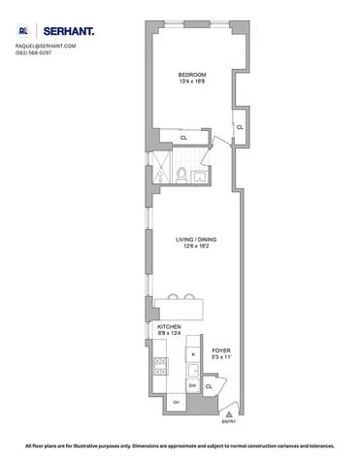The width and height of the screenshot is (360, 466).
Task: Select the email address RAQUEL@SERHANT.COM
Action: click(46, 47)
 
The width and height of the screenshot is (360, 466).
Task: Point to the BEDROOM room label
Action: click(189, 74)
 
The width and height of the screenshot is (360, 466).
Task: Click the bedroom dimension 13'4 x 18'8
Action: click(189, 82)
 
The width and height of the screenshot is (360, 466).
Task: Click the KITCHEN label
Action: click(169, 327)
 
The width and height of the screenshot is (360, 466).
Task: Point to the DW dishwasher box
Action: click(192, 384)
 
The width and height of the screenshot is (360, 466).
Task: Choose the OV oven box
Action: click(177, 401)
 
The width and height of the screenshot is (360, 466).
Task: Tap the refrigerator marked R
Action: click(193, 356)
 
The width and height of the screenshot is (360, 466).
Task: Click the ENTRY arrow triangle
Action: click(229, 414)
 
